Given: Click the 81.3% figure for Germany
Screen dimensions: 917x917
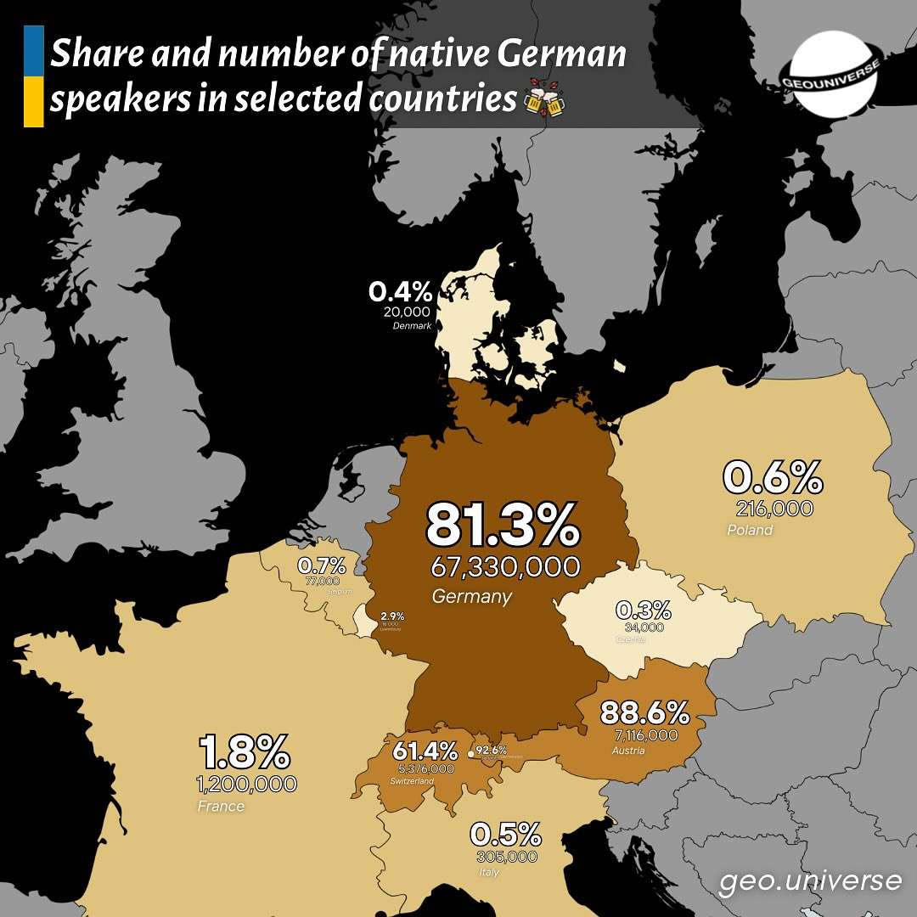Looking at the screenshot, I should coord(503,526).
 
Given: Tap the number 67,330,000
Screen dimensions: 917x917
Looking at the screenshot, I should coord(505,566).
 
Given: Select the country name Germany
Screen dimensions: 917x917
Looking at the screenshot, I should coord(471,596).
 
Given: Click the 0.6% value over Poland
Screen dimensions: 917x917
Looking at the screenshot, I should coord(772,478).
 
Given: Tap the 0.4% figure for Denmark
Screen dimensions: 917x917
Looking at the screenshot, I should coord(400,293).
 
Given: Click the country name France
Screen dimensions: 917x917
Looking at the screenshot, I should coord(221,806).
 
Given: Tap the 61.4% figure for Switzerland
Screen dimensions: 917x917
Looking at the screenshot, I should coord(425,751).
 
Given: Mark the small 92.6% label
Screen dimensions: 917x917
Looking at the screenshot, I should coord(491,750).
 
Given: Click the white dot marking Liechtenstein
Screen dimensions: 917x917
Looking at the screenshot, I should coord(470,753).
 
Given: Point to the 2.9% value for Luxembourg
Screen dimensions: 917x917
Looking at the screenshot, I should coord(392,616).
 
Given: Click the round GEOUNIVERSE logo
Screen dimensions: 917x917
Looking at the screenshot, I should coord(835,74).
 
